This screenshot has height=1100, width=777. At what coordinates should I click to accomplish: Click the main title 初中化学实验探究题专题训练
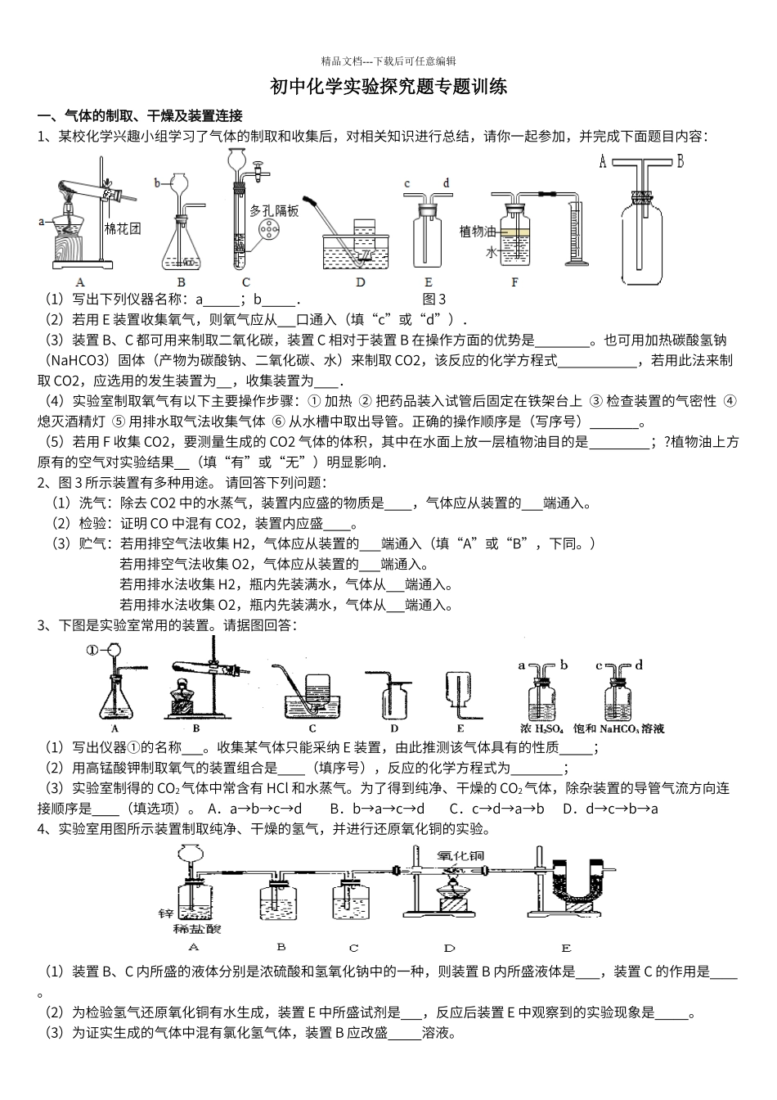[x=388, y=88]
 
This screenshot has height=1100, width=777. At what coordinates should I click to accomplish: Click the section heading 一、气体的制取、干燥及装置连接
[x=140, y=116]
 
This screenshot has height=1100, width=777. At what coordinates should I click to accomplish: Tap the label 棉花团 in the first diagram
[x=123, y=228]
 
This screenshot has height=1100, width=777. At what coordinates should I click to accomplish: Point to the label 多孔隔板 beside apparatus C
[x=275, y=211]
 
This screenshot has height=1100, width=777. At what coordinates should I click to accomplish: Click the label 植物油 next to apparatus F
[x=478, y=232]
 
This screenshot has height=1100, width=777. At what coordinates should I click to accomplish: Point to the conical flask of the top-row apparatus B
[x=182, y=246]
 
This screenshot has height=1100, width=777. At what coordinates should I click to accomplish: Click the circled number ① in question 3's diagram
[x=92, y=651]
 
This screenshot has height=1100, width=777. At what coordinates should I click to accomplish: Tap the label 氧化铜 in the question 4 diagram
[x=460, y=856]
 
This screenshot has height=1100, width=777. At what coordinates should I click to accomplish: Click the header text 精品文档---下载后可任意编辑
[x=388, y=61]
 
